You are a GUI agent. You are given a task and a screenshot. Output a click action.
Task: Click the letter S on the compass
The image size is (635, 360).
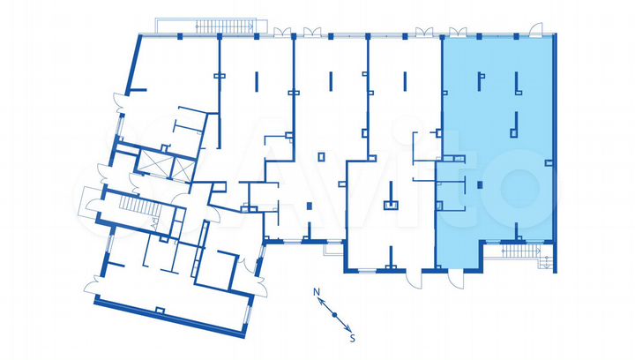tap(352, 337)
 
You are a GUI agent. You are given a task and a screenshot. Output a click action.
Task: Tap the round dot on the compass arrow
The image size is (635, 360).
tap(334, 313)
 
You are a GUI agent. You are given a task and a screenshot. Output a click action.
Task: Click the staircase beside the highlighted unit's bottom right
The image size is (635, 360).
tap(520, 251)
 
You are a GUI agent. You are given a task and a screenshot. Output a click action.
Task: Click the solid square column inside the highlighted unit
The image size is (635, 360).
tap(479, 184)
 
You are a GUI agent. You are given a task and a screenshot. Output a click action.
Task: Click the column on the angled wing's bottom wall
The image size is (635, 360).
tap(160, 309)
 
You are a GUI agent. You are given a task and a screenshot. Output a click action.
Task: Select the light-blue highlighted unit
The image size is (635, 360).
tap(498, 132)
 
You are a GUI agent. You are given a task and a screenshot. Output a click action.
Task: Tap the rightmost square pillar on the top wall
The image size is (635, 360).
tap(517, 36)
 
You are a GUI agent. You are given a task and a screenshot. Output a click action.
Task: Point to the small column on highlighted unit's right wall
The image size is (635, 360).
tap(552, 164)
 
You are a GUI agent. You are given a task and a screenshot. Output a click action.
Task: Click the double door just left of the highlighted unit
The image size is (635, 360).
tap(425, 33)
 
